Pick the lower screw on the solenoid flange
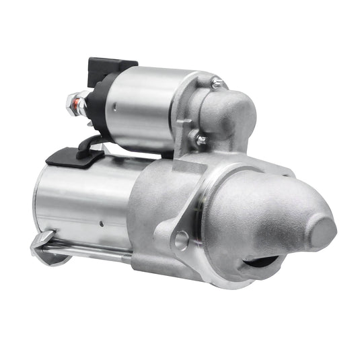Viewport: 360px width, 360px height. click(x=201, y=140)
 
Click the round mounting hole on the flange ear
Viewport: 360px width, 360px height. click(x=181, y=238)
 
